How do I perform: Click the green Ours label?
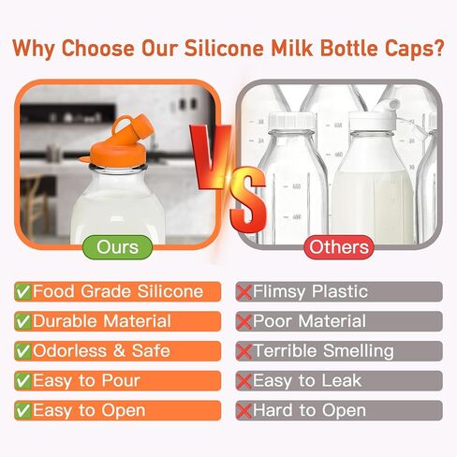(x=117, y=247)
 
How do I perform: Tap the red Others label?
(x=339, y=247)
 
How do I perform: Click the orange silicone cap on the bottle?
(x=119, y=142)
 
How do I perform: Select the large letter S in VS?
(x=248, y=199)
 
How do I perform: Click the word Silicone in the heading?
(x=224, y=48)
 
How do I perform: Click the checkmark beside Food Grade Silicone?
(x=23, y=291)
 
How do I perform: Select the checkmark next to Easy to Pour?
(x=23, y=381)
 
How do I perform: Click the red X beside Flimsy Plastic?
(x=243, y=292)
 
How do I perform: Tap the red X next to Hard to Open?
(x=243, y=411)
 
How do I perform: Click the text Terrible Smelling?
(x=323, y=351)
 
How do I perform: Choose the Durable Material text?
(x=102, y=321)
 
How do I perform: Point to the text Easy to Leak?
(x=307, y=381)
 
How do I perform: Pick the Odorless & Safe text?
(x=101, y=350)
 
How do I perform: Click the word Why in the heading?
(x=34, y=49)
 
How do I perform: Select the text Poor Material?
(x=310, y=321)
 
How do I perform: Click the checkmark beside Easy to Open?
(x=23, y=410)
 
